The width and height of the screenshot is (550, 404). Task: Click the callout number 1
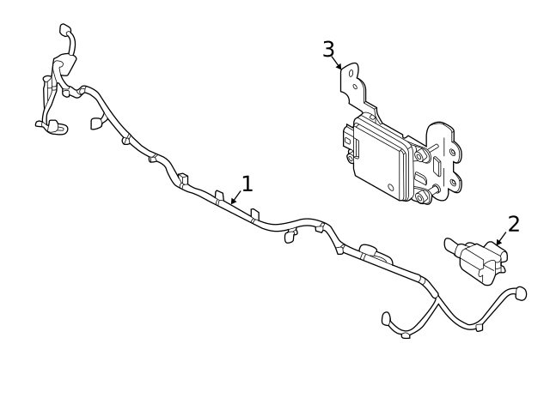click(x=247, y=184)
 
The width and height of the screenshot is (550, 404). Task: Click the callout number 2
click(x=514, y=224)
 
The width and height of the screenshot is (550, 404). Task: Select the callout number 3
click(x=328, y=50)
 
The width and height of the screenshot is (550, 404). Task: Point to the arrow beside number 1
click(x=235, y=199)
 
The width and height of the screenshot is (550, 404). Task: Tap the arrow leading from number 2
click(x=500, y=241)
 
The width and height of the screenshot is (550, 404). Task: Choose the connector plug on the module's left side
click(x=348, y=137)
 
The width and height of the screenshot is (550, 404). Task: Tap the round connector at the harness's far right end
click(x=519, y=293)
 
